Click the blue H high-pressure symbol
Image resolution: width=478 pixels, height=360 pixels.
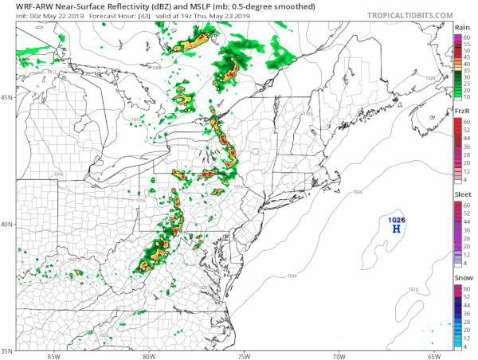pyautogui.click(x=395, y=229)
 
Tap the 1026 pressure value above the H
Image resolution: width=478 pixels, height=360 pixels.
pyautogui.click(x=395, y=219)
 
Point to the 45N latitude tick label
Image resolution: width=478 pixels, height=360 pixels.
pyautogui.click(x=8, y=98)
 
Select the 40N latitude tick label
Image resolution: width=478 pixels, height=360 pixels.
pyautogui.click(x=8, y=224)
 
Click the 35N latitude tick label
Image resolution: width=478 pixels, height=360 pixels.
pyautogui.click(x=8, y=350)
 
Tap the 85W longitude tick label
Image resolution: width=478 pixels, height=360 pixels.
pyautogui.click(x=53, y=356)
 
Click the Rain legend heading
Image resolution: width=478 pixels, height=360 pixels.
pyautogui.click(x=461, y=28)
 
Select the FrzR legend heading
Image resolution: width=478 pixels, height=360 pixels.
pyautogui.click(x=461, y=112)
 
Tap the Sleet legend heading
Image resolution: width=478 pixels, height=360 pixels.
pyautogui.click(x=461, y=195)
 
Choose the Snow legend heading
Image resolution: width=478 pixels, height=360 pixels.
pyautogui.click(x=461, y=278)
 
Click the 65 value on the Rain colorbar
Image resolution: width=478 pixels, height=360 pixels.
pyautogui.click(x=468, y=36)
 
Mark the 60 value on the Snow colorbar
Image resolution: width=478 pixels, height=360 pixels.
pyautogui.click(x=468, y=288)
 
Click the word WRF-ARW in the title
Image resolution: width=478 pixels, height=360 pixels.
pyautogui.click(x=24, y=6)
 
